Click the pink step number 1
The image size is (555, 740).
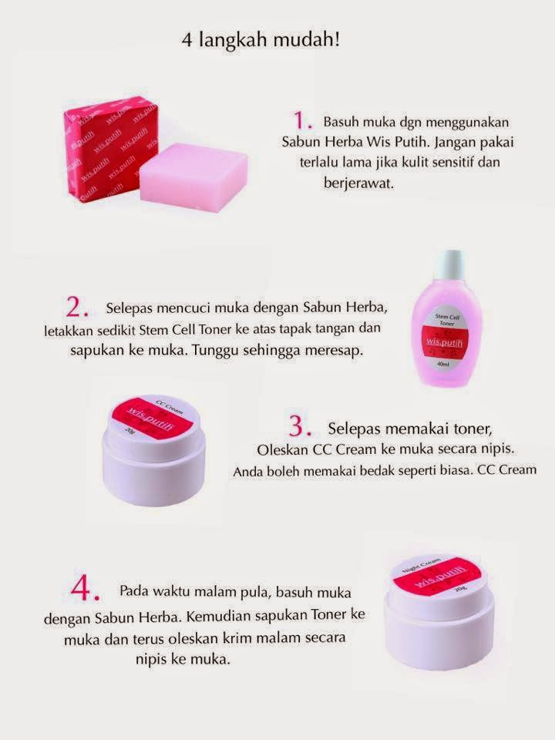click(303, 120)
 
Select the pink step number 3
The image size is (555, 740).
click(302, 426)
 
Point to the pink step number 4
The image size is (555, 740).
click(86, 590)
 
